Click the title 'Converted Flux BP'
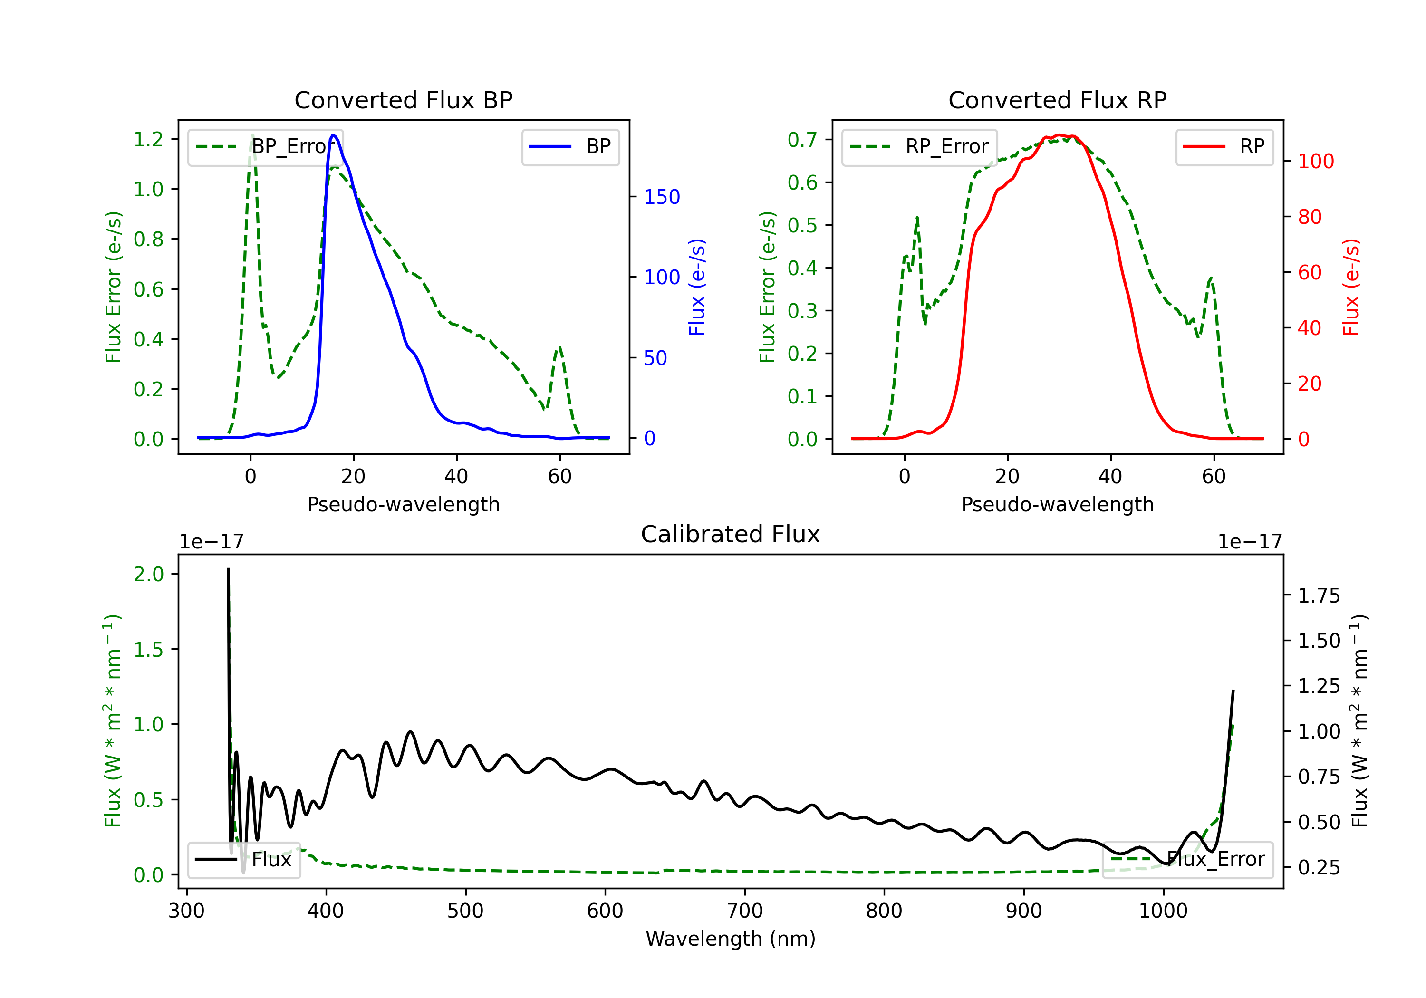403,100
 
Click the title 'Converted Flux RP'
1057,100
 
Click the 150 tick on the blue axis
662,197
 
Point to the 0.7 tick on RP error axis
802,140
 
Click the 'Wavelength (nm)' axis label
731,939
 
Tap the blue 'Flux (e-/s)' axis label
697,287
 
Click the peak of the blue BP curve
333,135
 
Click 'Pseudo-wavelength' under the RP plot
1057,504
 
